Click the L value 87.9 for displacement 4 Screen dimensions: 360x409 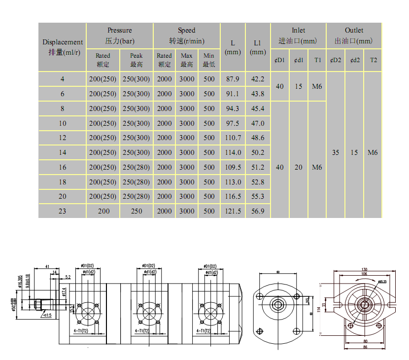[233, 79]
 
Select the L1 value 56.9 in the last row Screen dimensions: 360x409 [258, 211]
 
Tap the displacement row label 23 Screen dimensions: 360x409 [62, 211]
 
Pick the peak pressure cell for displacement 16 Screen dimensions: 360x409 [136, 167]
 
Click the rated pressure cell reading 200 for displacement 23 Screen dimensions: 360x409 [103, 211]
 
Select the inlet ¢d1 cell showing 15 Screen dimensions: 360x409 [299, 86]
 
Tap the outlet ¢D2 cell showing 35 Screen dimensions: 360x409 [336, 153]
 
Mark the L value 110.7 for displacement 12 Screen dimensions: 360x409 [233, 138]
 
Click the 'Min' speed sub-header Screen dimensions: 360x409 [209, 60]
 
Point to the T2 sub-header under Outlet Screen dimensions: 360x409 [373, 60]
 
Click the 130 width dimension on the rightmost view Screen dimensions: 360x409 [364, 269]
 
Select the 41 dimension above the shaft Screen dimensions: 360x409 [48, 266]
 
